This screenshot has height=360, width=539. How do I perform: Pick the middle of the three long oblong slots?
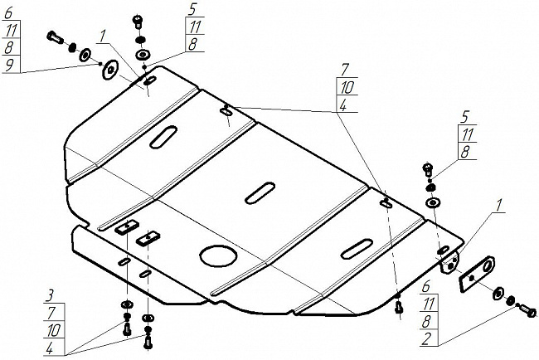click(x=260, y=191)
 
